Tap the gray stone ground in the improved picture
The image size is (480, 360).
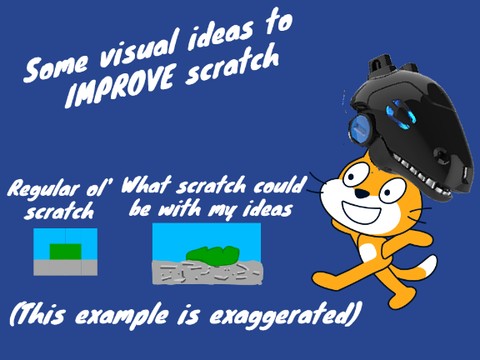pos(205,271)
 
